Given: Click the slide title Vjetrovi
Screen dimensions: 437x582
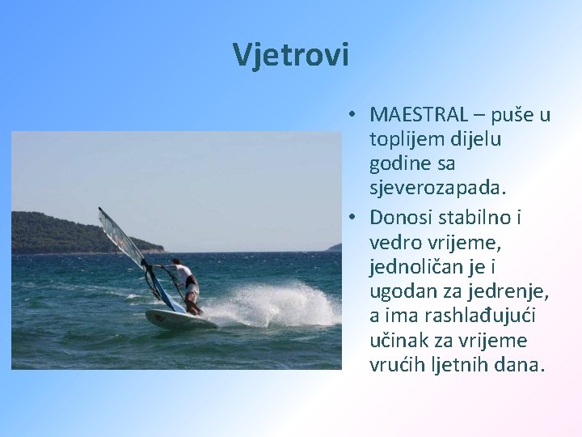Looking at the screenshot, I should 291,54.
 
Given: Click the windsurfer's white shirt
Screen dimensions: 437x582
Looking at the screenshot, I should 183,272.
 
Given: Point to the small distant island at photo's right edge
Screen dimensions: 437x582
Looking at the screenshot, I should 334,247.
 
